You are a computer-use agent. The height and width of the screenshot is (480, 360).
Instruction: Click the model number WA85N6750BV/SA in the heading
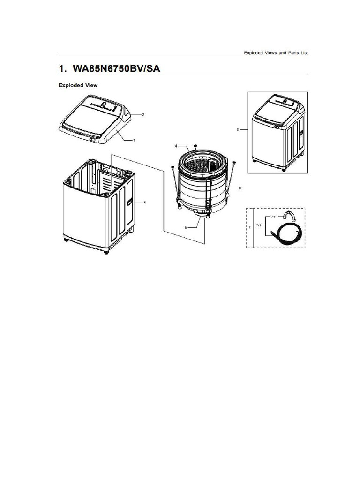click(118, 68)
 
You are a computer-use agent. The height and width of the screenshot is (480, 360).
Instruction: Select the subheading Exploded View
click(78, 85)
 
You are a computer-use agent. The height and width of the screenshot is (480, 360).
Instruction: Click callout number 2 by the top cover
click(143, 114)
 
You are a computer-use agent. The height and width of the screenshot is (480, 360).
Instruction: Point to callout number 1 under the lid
click(134, 140)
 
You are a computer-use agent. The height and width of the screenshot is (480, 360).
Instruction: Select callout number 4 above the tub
click(176, 146)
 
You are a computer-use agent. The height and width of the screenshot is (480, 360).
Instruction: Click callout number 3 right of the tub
click(240, 188)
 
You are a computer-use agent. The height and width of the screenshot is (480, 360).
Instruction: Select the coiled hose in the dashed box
click(287, 232)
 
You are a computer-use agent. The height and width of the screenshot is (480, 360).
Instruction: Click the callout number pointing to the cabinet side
click(145, 202)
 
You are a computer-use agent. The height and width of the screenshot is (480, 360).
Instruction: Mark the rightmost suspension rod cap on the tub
click(234, 162)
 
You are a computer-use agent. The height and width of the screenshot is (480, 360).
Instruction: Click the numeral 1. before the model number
click(62, 68)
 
